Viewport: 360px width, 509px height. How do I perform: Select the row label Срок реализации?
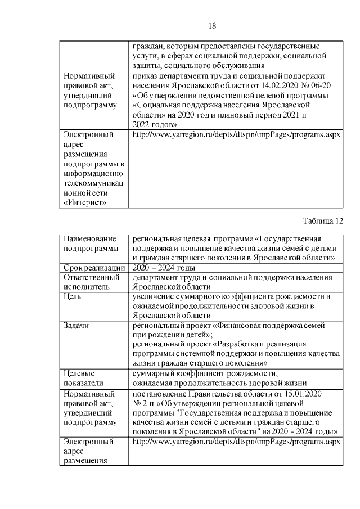click(94, 267)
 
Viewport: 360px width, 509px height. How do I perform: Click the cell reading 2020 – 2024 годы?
click(163, 267)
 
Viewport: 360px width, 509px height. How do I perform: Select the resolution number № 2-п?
click(144, 403)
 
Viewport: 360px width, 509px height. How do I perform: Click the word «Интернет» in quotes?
click(85, 202)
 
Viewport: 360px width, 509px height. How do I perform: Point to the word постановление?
click(157, 394)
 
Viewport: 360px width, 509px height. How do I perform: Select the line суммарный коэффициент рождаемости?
click(205, 373)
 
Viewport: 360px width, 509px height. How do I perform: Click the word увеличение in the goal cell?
click(154, 296)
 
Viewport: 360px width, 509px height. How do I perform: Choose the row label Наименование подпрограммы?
click(89, 243)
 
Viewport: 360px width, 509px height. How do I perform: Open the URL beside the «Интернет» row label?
click(236, 135)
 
